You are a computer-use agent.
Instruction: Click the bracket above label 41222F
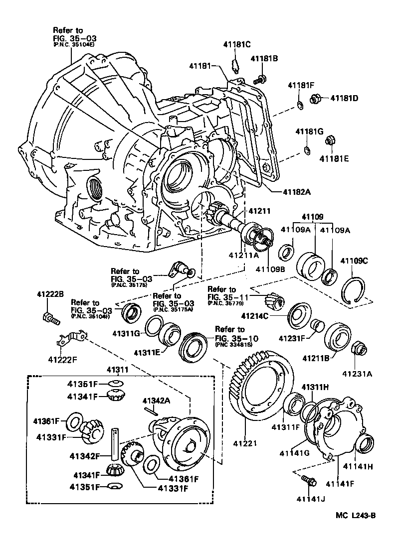69,339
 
